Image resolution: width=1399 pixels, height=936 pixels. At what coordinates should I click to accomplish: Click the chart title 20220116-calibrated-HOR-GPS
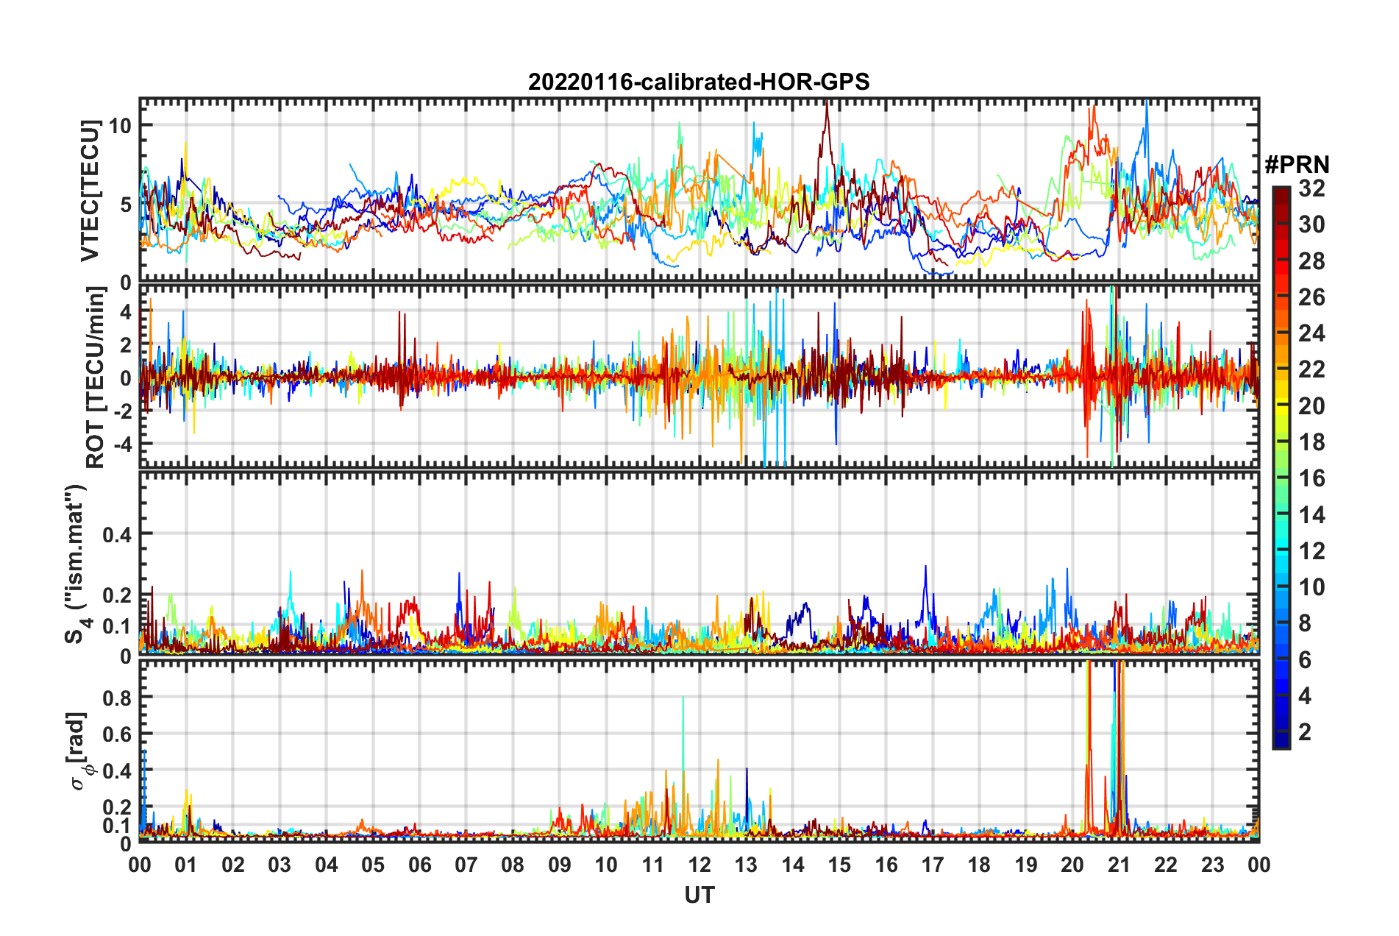tap(699, 82)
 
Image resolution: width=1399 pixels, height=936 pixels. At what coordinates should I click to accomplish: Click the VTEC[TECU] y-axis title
tap(90, 191)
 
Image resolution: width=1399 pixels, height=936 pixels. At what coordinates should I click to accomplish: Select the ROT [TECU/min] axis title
tap(95, 377)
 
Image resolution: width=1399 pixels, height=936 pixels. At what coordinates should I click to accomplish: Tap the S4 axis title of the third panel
tap(76, 564)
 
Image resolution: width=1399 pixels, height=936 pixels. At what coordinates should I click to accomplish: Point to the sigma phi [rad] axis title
tap(79, 751)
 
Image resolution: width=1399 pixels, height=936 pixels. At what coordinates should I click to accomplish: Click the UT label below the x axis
tap(699, 895)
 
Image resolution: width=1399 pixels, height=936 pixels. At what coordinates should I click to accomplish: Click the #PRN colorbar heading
tap(1297, 165)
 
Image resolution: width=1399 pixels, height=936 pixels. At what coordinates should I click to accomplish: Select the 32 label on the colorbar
tap(1311, 188)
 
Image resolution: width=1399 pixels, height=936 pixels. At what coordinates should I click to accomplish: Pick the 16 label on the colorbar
tap(1311, 478)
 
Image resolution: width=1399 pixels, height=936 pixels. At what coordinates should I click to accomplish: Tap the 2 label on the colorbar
tap(1306, 731)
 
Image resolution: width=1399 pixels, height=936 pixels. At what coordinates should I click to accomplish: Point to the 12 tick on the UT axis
tap(699, 865)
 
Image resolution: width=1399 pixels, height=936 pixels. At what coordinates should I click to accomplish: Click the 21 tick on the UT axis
tap(1119, 865)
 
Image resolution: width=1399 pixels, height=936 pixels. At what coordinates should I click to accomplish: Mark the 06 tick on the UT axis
tap(420, 865)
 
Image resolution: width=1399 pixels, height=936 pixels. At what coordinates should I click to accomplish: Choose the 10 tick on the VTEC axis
tap(120, 126)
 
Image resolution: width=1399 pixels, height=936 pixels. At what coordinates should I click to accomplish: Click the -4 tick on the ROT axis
tap(121, 444)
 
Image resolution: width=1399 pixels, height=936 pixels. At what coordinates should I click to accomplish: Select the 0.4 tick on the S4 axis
tap(117, 534)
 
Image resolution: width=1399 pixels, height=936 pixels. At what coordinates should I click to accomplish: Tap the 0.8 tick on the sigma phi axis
tap(117, 698)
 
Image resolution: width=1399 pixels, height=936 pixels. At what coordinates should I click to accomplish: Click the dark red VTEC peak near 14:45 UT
tap(827, 103)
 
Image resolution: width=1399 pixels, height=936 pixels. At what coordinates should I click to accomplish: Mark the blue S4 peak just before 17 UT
tap(925, 567)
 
